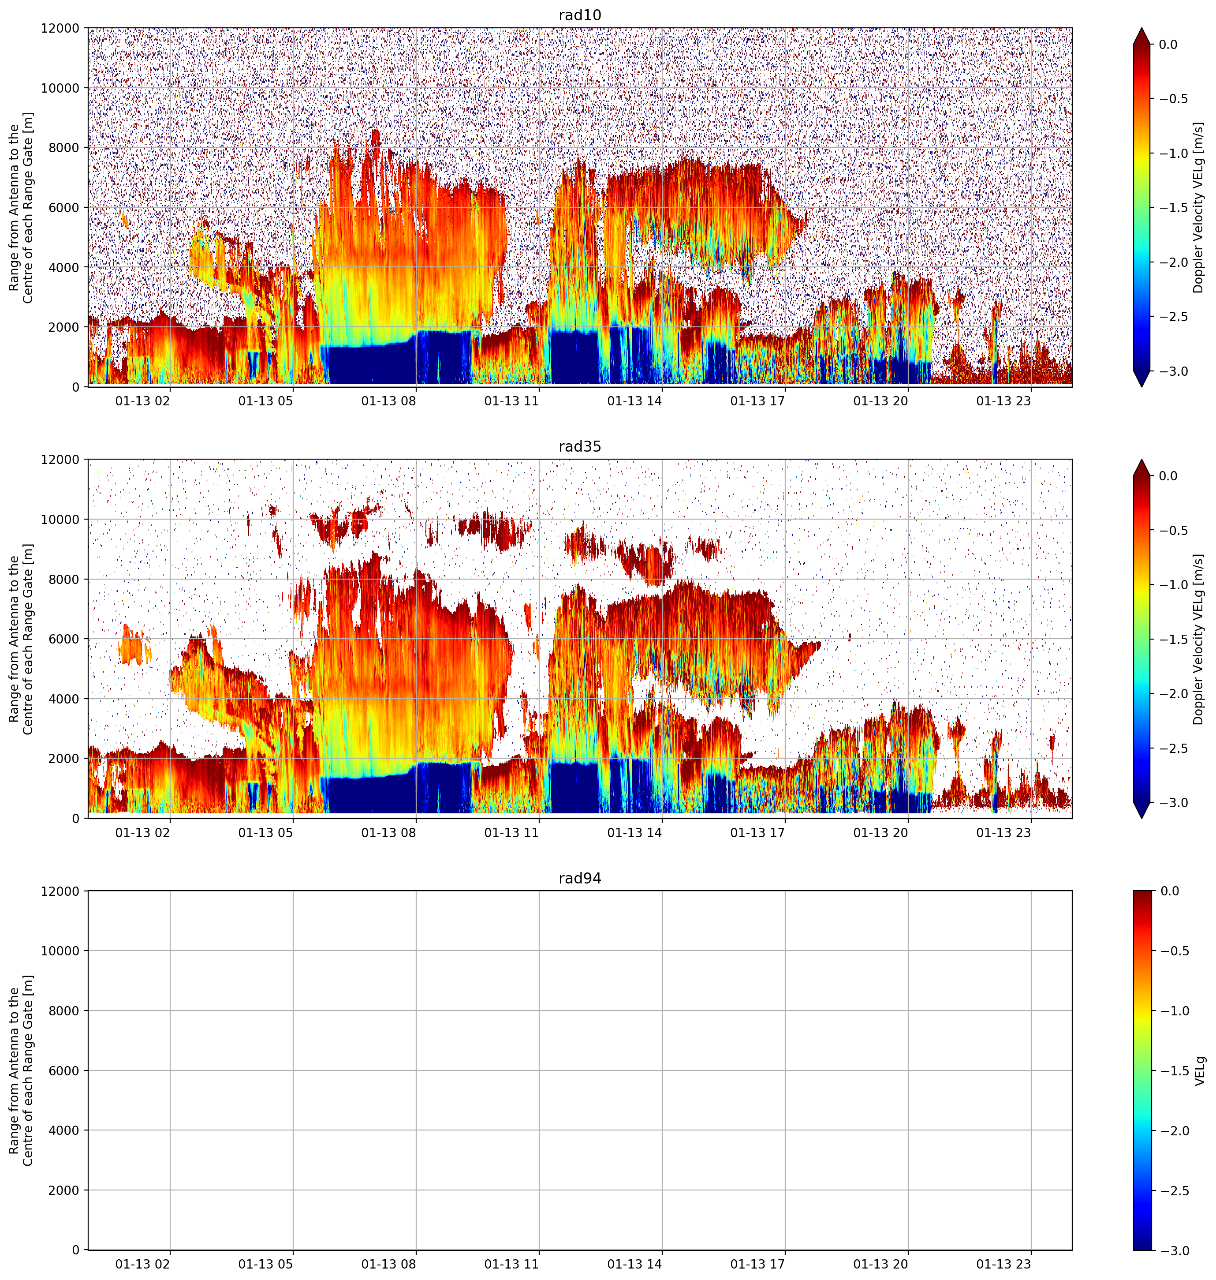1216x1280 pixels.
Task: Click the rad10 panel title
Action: tap(579, 15)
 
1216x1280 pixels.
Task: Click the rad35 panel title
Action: tap(579, 446)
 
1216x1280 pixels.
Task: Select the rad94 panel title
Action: tap(579, 878)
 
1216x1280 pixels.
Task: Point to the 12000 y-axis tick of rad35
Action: tap(60, 460)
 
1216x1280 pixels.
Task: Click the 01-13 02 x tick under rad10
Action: tap(142, 401)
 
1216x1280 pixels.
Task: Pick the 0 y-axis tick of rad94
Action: tap(76, 1250)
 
